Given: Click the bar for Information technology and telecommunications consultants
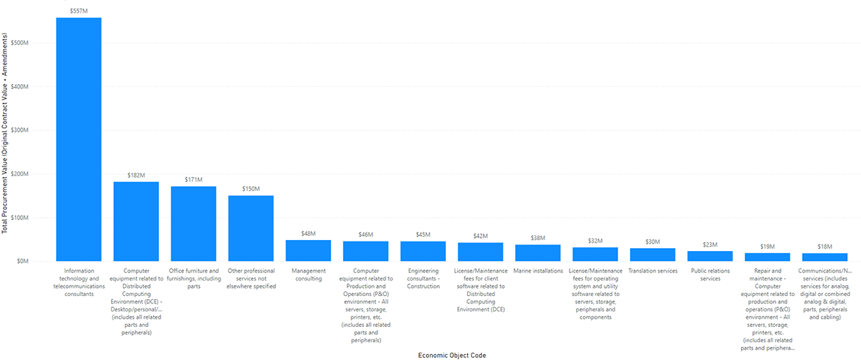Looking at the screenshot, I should click(79, 140).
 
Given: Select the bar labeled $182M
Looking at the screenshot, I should click(136, 221).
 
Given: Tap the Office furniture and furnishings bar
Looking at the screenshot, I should click(194, 224).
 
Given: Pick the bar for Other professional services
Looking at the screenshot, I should click(251, 228).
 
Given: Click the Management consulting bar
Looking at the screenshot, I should click(308, 250).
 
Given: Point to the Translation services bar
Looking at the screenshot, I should click(653, 255).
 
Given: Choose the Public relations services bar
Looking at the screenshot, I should click(710, 256).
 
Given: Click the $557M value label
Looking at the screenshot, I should click(79, 11).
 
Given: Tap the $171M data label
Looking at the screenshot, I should click(194, 180).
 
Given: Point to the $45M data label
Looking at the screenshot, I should click(423, 235).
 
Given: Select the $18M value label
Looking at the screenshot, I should click(825, 247).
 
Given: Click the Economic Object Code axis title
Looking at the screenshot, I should click(451, 355).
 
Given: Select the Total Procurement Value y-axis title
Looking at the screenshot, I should click(6, 133).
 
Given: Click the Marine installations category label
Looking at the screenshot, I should click(538, 271).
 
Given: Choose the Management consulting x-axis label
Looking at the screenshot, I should click(308, 275).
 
